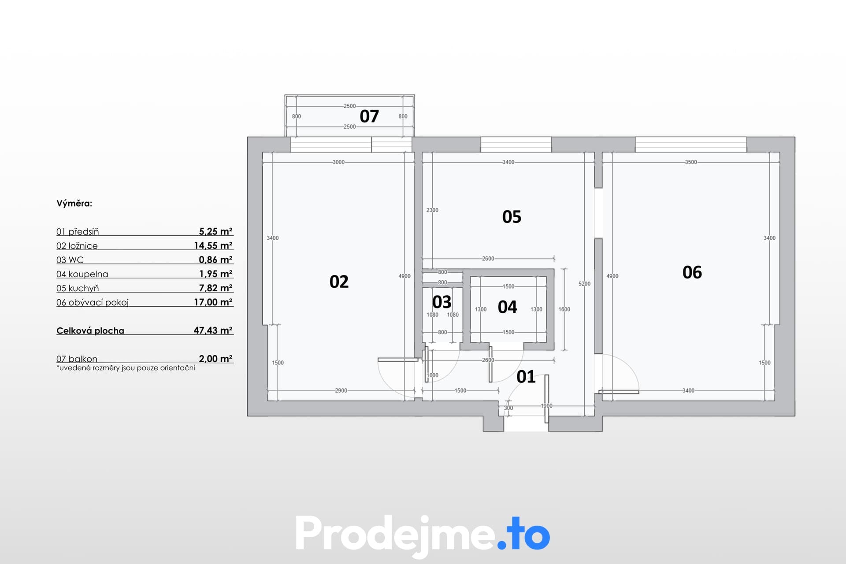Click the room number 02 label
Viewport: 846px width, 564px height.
coord(339,282)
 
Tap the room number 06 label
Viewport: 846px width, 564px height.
coord(692,272)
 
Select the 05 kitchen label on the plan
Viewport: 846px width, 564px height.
coord(512,217)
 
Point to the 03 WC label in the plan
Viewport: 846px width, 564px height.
coord(442,302)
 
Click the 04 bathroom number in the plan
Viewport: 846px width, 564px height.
coord(507,307)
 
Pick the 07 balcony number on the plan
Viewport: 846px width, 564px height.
coord(369,116)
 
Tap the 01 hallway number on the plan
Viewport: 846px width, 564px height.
coord(526,377)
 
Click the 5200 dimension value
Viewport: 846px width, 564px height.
coord(584,284)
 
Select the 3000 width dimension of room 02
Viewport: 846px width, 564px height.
coord(338,162)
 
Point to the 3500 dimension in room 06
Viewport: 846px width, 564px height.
coord(691,162)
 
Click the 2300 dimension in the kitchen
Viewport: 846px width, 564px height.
coord(432,210)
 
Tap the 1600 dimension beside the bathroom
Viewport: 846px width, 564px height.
coord(564,309)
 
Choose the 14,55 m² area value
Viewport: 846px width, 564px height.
coord(213,245)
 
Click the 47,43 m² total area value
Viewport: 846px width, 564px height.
coord(213,330)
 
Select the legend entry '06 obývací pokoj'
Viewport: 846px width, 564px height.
coord(93,303)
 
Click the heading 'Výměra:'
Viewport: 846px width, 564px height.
coord(74,204)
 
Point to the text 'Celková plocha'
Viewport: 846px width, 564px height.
coord(90,331)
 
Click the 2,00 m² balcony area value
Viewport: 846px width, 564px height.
coord(215,359)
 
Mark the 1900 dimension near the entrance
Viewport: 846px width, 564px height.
coord(546,406)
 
